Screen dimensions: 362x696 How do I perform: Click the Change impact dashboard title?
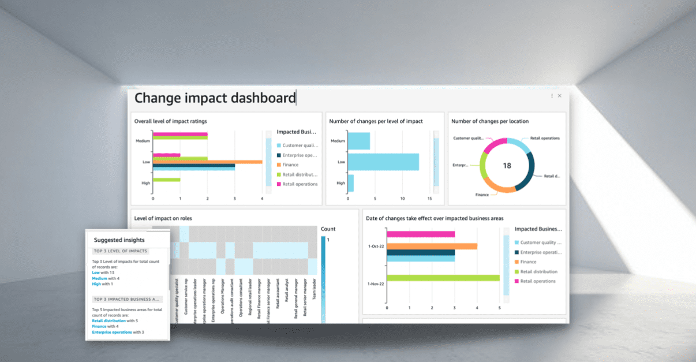(x=215, y=98)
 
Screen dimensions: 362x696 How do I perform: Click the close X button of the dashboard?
(x=559, y=96)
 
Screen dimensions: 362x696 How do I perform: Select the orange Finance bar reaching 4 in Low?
(x=207, y=162)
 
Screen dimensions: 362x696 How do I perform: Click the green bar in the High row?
(x=166, y=180)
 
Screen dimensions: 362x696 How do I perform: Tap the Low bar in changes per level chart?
(x=384, y=162)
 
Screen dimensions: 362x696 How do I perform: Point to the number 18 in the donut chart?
(x=507, y=166)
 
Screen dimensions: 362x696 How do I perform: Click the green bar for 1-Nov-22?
(x=443, y=278)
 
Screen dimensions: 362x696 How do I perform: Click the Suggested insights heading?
(x=119, y=240)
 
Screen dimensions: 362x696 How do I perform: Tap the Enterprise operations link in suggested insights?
(x=112, y=332)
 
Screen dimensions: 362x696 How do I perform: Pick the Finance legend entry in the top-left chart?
(x=290, y=165)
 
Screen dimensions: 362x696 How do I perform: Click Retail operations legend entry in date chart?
(x=537, y=281)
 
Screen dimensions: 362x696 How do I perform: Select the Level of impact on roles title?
(x=163, y=218)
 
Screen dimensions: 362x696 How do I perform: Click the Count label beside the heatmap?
(x=328, y=229)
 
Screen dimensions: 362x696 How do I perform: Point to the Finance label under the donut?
(x=482, y=195)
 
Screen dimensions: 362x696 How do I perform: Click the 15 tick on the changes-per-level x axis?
(x=429, y=199)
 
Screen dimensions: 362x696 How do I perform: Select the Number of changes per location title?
(x=489, y=121)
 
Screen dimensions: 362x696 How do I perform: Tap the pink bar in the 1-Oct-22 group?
(x=421, y=234)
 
